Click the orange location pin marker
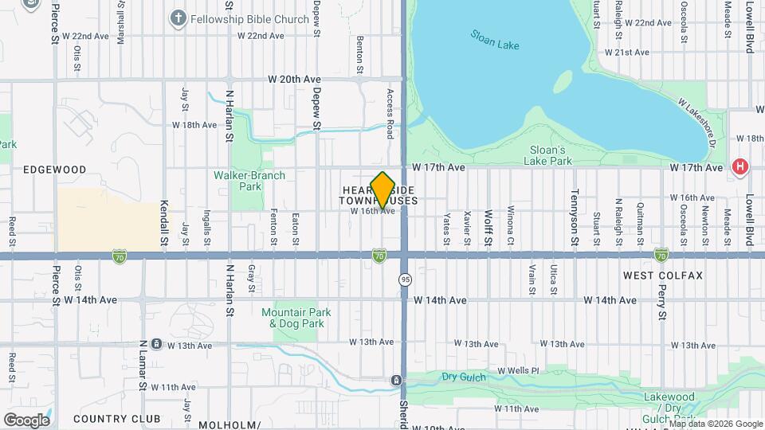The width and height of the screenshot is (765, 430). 382,190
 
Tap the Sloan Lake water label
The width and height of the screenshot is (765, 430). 494,40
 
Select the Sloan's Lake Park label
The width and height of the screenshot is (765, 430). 549,154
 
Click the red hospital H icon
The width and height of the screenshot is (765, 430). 740,166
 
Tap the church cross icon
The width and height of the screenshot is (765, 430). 177,17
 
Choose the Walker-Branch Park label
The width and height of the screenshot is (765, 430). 249,181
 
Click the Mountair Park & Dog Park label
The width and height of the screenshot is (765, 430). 292,319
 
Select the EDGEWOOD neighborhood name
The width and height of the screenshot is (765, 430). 54,170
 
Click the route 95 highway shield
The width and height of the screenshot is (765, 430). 405,279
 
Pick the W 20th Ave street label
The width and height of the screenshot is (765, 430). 293,80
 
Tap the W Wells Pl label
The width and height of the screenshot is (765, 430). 518,371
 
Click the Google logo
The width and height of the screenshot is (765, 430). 26,420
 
